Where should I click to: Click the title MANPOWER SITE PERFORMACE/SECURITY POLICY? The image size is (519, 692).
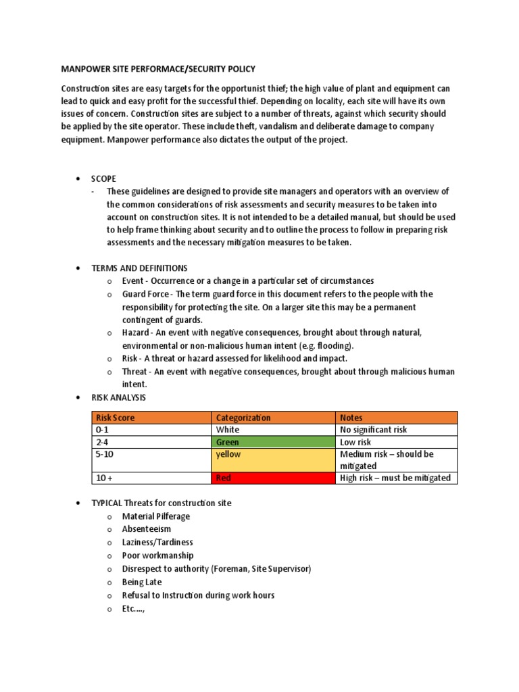point(158,69)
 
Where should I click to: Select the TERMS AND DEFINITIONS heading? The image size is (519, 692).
point(140,268)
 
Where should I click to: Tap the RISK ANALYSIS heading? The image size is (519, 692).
point(118,397)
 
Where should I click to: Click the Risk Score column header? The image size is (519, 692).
point(115,418)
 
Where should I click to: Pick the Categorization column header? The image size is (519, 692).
point(243,418)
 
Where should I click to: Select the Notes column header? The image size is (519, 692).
point(351,418)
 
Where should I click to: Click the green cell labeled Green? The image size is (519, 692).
point(273,442)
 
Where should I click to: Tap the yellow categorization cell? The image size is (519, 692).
point(273,460)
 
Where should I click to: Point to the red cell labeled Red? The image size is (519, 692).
point(273,478)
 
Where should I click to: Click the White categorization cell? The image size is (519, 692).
point(273,430)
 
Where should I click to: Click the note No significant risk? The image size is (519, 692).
point(374,430)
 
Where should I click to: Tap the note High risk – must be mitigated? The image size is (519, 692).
point(395,478)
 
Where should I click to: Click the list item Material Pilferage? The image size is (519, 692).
point(155,516)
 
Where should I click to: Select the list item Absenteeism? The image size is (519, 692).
point(146,529)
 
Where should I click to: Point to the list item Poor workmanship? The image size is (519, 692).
point(157,555)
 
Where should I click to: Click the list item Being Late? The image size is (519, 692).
point(141,582)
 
